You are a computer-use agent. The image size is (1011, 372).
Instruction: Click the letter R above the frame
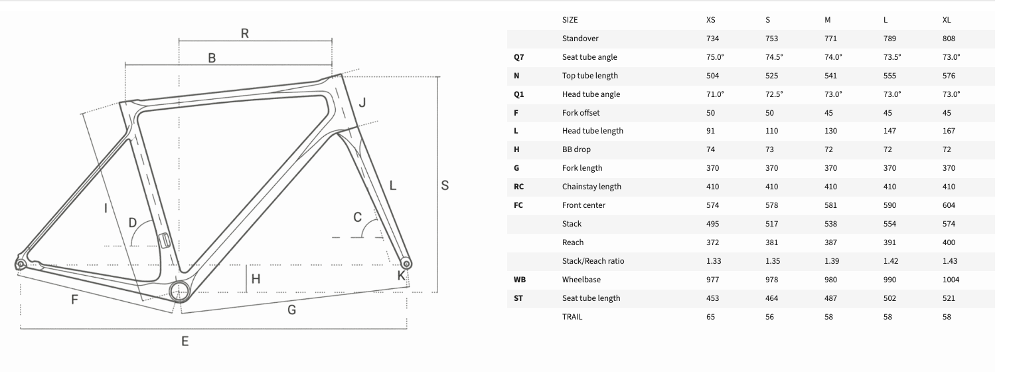(245, 33)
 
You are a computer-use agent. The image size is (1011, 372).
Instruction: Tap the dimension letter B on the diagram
(212, 58)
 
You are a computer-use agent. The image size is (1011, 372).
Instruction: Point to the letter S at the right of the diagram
(445, 185)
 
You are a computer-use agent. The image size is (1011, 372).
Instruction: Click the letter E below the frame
(185, 341)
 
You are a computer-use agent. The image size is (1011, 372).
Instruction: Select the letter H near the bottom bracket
(256, 279)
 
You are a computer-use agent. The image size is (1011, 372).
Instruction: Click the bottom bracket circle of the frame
(179, 291)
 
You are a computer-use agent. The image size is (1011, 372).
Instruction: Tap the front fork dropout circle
(406, 264)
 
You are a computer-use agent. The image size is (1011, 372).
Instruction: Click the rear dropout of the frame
(21, 264)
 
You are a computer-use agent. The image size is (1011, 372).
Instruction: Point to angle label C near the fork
(357, 217)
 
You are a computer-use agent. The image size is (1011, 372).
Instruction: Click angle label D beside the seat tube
(133, 223)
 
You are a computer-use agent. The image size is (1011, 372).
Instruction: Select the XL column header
(947, 20)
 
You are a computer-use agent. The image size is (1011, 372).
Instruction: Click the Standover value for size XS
(713, 39)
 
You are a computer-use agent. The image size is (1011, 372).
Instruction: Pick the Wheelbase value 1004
(951, 280)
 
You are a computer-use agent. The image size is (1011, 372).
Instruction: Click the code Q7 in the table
(518, 57)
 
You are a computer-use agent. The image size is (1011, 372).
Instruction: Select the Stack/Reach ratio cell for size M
(831, 261)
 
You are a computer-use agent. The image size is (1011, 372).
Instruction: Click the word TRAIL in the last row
(572, 316)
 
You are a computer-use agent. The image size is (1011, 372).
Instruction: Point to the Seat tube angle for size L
(892, 57)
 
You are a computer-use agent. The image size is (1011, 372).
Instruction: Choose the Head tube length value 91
(710, 131)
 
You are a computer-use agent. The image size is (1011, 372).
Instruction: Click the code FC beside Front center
(518, 205)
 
